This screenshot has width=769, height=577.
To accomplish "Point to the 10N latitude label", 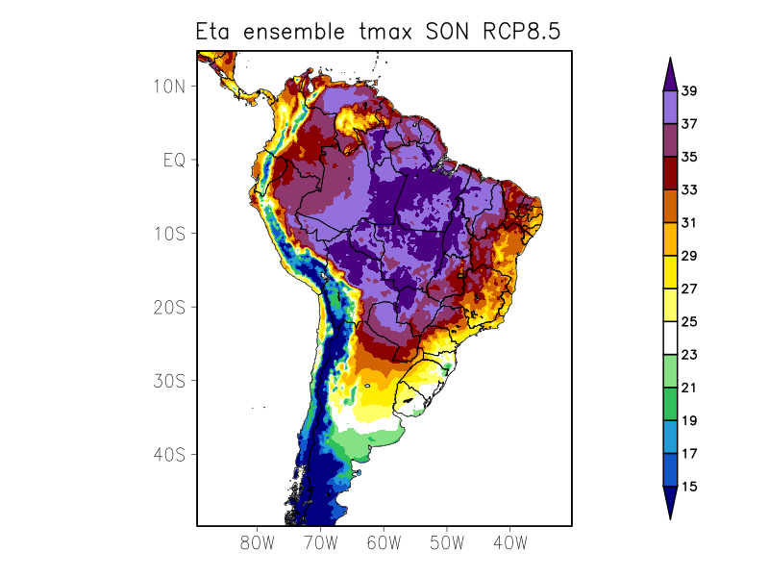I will pyautogui.click(x=168, y=86).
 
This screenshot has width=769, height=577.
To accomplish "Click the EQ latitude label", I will pyautogui.click(x=173, y=160).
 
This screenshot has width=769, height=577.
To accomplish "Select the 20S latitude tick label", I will pyautogui.click(x=168, y=307).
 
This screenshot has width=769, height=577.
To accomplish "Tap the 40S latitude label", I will pyautogui.click(x=168, y=454).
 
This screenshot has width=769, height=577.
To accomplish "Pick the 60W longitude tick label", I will pyautogui.click(x=383, y=542).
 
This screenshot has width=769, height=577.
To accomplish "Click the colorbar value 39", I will pyautogui.click(x=689, y=91).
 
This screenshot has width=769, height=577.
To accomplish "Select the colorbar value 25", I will pyautogui.click(x=689, y=322).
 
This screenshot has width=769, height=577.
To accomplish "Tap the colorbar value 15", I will pyautogui.click(x=689, y=487).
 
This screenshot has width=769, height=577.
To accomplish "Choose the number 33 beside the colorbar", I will pyautogui.click(x=689, y=189).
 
